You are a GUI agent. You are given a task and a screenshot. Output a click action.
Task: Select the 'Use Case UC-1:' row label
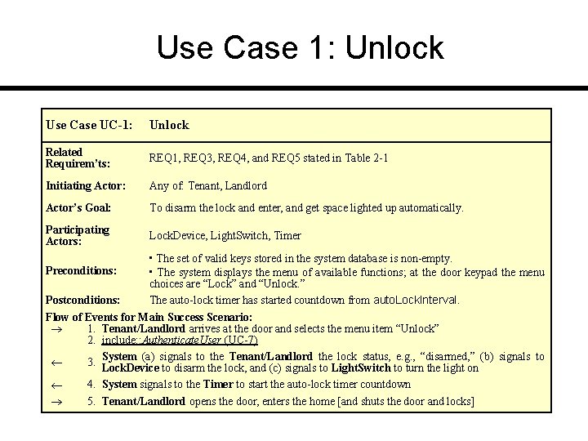pyautogui.click(x=89, y=125)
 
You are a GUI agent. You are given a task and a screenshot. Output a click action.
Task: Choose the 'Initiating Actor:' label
pyautogui.click(x=86, y=185)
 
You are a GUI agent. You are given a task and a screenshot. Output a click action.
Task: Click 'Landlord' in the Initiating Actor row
pyautogui.click(x=246, y=185)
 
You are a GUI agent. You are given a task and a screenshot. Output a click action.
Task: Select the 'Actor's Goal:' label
pyautogui.click(x=78, y=208)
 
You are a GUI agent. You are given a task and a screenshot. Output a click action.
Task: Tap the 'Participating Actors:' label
pyautogui.click(x=78, y=235)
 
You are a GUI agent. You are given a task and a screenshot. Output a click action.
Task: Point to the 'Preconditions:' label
pyautogui.click(x=82, y=269)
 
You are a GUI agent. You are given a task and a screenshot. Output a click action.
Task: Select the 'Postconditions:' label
pyautogui.click(x=83, y=300)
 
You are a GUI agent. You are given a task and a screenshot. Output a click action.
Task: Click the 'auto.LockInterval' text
pyautogui.click(x=416, y=300)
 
